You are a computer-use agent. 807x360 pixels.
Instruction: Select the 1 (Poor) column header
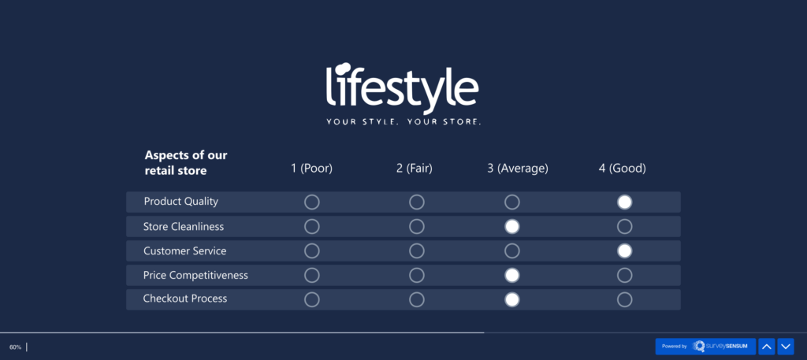click(x=311, y=168)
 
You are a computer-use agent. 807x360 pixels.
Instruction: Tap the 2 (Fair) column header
click(x=415, y=168)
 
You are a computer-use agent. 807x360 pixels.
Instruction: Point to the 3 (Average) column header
click(x=517, y=168)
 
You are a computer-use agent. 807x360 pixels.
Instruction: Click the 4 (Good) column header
click(x=622, y=168)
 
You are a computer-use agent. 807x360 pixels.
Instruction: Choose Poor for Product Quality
click(x=312, y=202)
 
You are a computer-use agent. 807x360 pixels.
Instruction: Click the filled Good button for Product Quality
click(x=624, y=202)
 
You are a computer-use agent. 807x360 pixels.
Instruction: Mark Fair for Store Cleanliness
click(x=417, y=227)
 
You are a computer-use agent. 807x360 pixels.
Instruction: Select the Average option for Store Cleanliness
click(x=512, y=227)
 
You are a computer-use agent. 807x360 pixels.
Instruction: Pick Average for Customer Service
click(x=512, y=251)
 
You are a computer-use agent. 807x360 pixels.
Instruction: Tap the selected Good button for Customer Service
click(x=624, y=251)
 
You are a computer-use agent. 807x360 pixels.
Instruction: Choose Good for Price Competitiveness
click(x=624, y=276)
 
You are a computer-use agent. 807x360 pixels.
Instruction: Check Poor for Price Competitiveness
click(x=312, y=276)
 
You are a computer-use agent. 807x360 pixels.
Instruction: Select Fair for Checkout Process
click(x=417, y=299)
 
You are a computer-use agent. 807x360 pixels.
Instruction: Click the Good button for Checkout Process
click(x=624, y=299)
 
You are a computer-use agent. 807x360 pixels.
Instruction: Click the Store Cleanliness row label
click(x=183, y=227)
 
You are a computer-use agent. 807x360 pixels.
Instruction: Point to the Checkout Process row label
click(x=184, y=299)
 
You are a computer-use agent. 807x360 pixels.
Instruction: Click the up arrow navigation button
click(x=767, y=347)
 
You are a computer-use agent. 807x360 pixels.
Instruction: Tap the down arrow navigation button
click(x=786, y=347)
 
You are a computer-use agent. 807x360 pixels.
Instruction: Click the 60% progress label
click(x=15, y=347)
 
